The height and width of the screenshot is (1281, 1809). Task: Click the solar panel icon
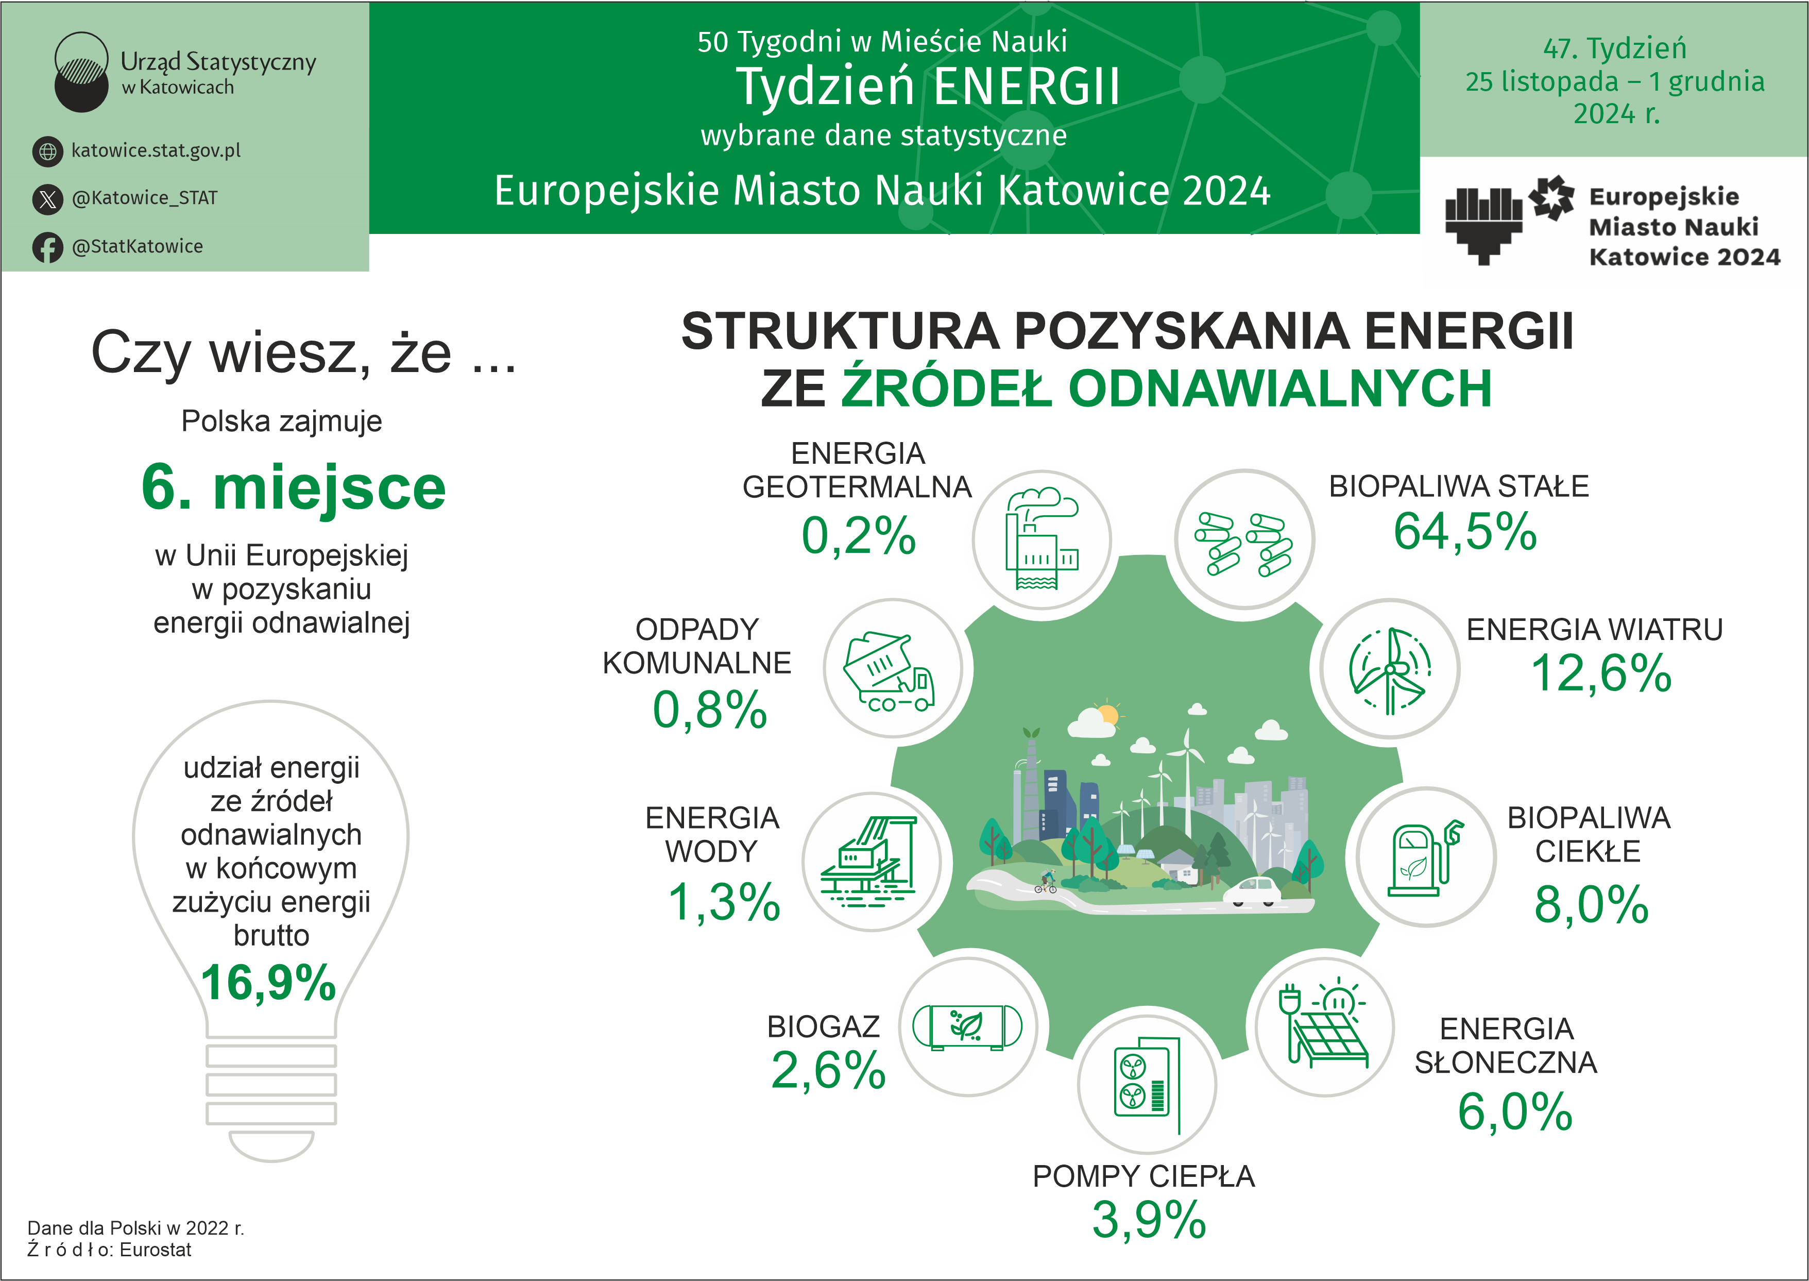tap(1325, 1025)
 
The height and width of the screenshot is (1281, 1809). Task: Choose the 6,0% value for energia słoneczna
tap(1514, 1111)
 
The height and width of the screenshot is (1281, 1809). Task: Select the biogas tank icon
tap(967, 1027)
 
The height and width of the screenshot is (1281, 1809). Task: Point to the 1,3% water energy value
tap(723, 902)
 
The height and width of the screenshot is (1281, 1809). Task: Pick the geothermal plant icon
tap(1041, 540)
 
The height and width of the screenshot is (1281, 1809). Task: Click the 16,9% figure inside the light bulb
tap(268, 983)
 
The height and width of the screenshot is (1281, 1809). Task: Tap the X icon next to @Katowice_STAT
tap(47, 199)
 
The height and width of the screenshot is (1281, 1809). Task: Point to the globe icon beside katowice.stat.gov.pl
tap(47, 150)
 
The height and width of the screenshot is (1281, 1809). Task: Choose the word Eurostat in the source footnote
tap(156, 1250)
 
